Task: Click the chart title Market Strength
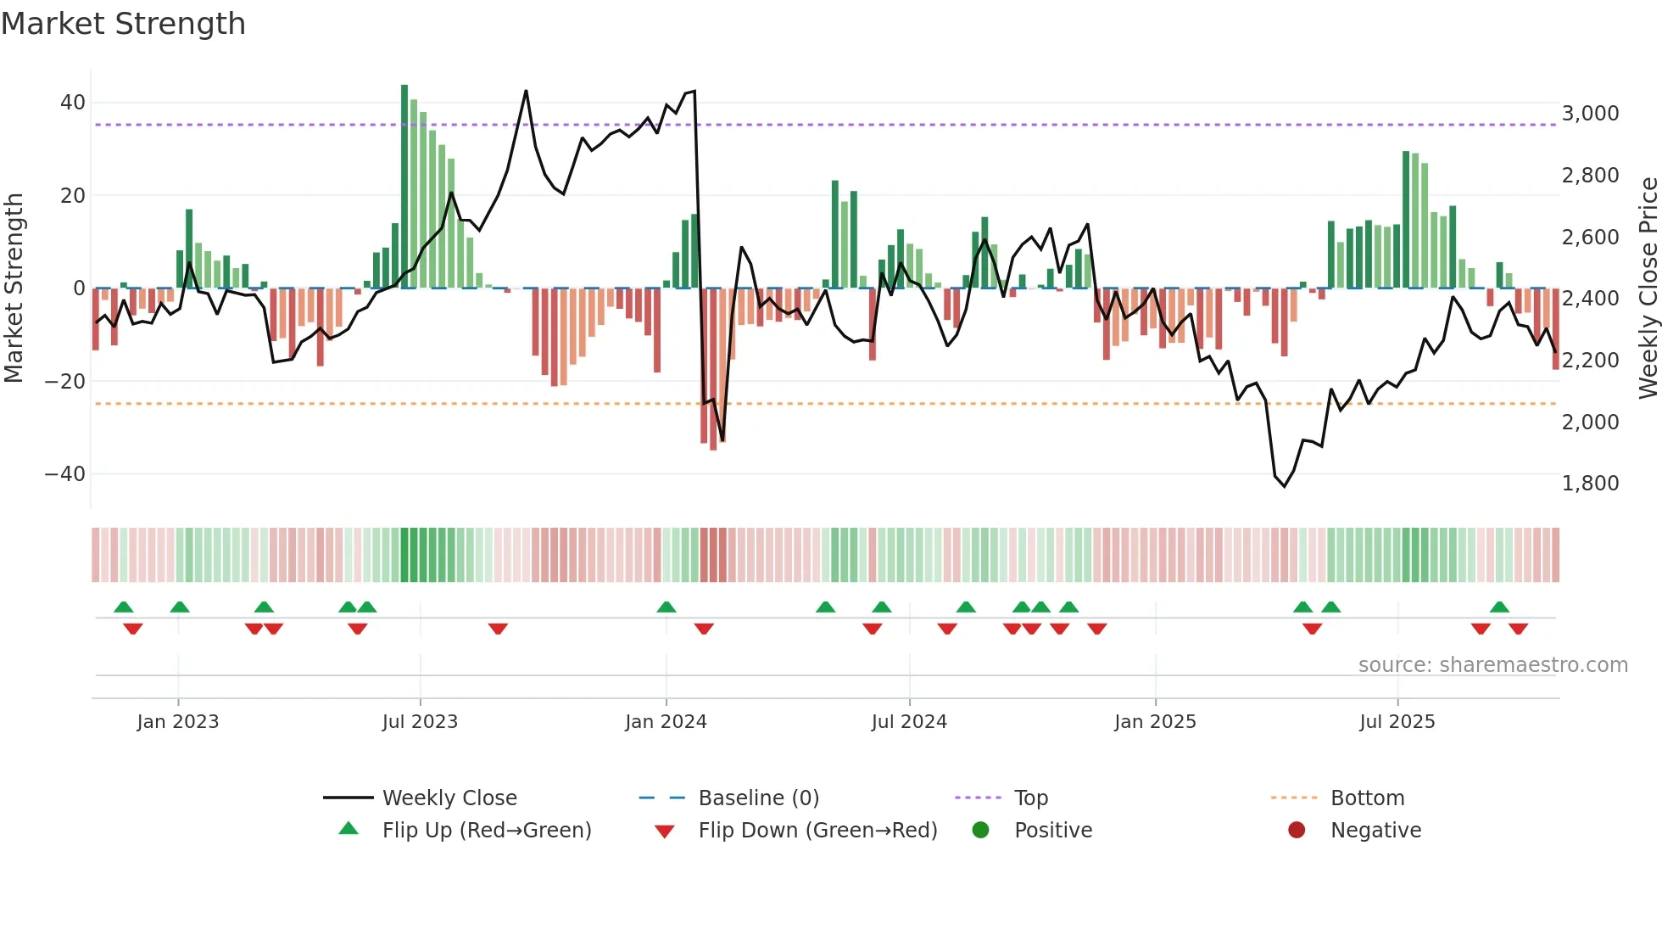[123, 24]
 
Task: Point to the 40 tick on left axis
[72, 103]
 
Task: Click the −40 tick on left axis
[65, 473]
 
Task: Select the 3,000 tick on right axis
[1590, 114]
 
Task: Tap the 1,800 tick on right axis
[1590, 484]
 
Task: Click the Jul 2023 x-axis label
[420, 722]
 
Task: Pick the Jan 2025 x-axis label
[1155, 722]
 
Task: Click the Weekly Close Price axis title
[1648, 288]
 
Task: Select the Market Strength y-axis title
[14, 288]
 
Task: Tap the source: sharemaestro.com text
[1492, 665]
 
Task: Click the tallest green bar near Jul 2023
[404, 187]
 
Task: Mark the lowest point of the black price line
[1284, 486]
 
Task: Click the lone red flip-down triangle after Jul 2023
[498, 629]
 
